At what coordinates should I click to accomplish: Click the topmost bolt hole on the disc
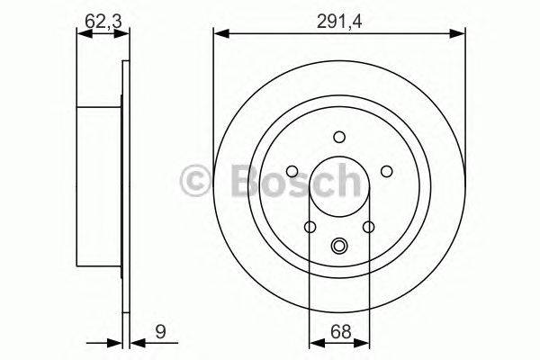[339, 137]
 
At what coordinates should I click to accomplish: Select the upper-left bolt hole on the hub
[293, 171]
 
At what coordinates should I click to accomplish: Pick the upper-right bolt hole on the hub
[385, 171]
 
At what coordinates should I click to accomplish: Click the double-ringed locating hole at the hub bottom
[339, 245]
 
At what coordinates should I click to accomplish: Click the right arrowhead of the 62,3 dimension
[123, 34]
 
